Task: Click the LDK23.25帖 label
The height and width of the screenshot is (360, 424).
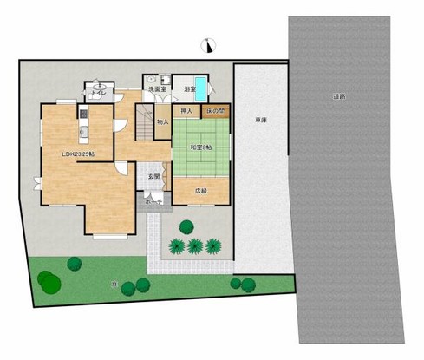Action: [x=78, y=154]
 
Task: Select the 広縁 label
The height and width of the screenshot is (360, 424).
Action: [x=201, y=190]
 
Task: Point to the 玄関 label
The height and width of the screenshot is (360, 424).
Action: [x=153, y=177]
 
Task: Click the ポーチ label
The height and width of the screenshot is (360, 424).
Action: [x=153, y=202]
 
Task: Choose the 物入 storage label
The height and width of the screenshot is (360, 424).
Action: [x=162, y=122]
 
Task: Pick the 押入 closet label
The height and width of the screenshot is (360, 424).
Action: [x=186, y=111]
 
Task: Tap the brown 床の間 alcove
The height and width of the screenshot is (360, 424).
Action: [x=214, y=111]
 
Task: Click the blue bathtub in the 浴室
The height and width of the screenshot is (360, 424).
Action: [x=201, y=88]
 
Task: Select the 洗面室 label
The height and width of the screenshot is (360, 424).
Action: [x=156, y=89]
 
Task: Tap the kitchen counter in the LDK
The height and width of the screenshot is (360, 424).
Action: [x=84, y=127]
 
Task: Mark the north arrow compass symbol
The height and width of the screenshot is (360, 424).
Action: [x=208, y=45]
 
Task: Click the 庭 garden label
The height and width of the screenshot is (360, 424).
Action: [x=115, y=283]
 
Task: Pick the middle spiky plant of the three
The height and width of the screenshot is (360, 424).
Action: [x=194, y=245]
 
